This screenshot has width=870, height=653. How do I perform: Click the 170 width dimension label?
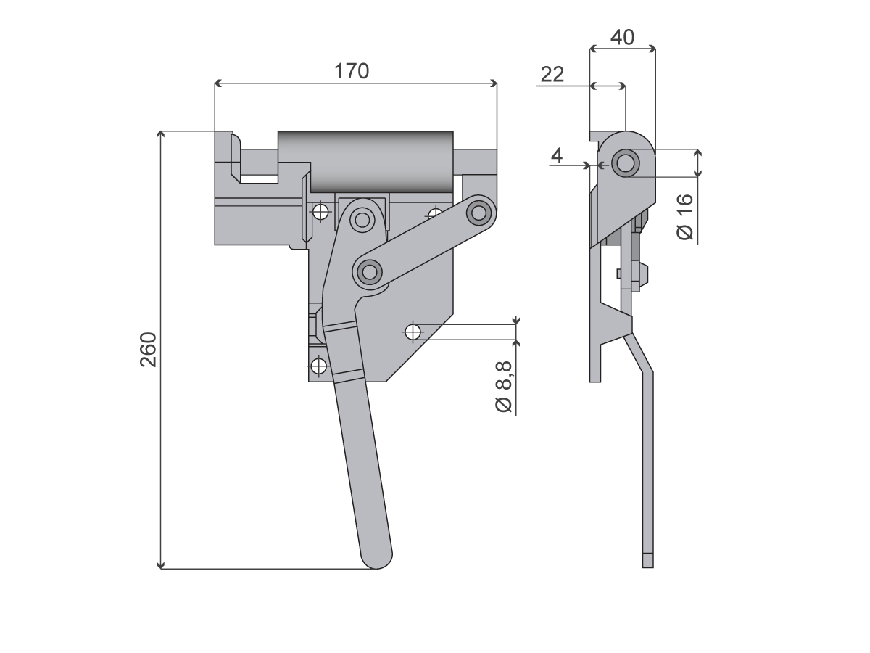(352, 71)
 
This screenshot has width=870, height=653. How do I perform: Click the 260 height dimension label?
(149, 350)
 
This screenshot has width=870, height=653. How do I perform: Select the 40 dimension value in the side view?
(622, 37)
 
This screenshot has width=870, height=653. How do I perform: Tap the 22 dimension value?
(552, 74)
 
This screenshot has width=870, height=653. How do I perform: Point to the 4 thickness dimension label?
(557, 155)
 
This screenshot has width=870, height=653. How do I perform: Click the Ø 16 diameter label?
(685, 217)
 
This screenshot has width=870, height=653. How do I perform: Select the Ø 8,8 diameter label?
(503, 387)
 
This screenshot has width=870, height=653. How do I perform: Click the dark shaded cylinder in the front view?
(365, 161)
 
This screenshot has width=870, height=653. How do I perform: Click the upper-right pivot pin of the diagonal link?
(478, 213)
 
